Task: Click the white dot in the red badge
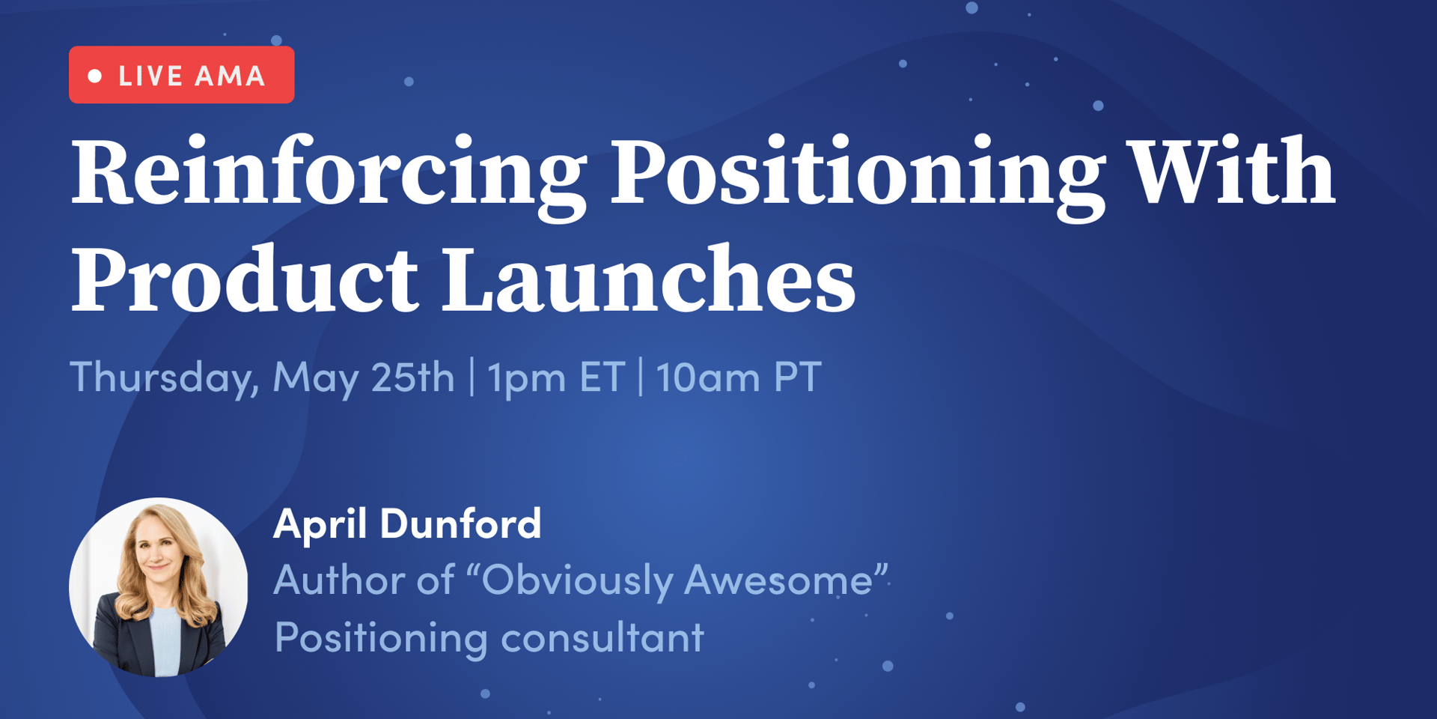[95, 76]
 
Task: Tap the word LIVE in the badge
[151, 76]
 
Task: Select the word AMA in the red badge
[230, 76]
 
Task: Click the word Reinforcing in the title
[329, 176]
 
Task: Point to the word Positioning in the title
[858, 176]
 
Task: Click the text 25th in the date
[412, 376]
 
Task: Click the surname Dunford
[460, 523]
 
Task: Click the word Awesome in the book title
[778, 580]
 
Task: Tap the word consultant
[602, 637]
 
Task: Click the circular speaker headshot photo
[159, 587]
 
